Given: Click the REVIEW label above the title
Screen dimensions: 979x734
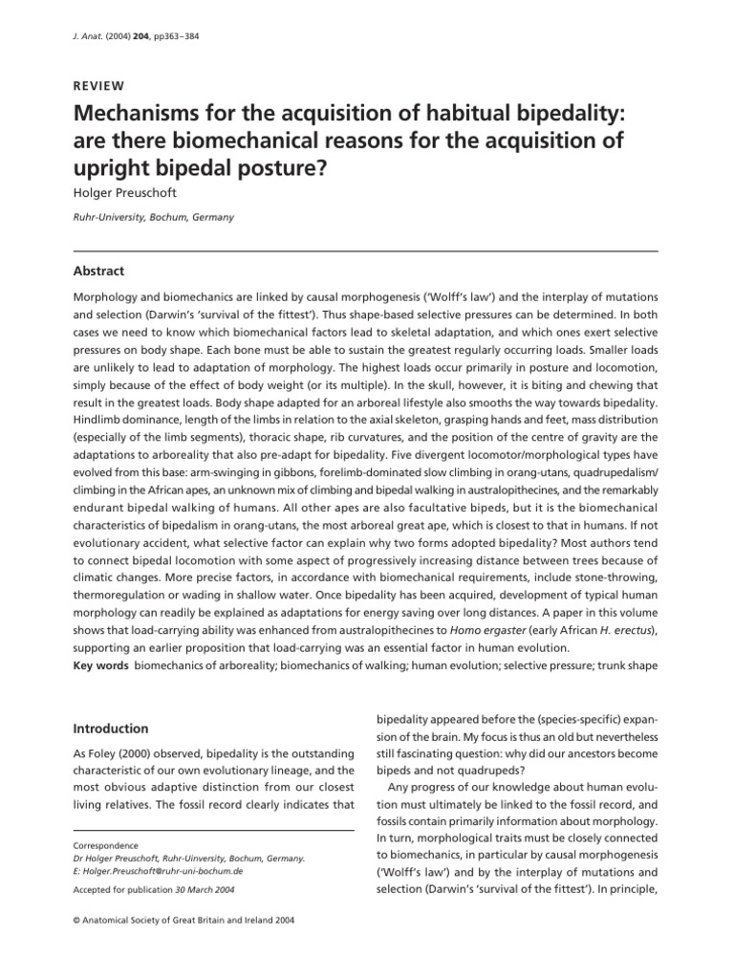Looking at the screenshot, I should point(100,83).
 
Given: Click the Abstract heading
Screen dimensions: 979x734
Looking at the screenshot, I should point(98,271).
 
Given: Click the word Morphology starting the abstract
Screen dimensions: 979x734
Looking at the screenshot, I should point(111,298).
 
